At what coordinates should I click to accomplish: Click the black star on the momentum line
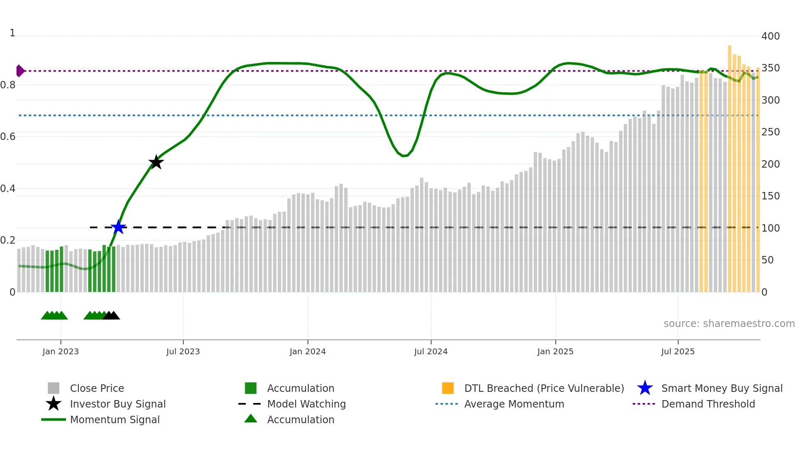click(x=156, y=162)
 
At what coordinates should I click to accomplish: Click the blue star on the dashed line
click(x=118, y=227)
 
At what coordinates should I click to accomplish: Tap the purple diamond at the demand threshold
click(x=20, y=71)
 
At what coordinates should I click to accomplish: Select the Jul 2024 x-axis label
click(x=431, y=351)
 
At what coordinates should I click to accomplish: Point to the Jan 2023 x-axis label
click(x=61, y=351)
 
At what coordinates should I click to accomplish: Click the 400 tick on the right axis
click(x=770, y=36)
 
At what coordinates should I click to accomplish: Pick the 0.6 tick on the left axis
click(x=8, y=137)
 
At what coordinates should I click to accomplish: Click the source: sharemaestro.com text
click(x=729, y=324)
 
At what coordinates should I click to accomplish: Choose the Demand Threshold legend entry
click(x=708, y=404)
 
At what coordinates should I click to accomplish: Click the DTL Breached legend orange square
click(x=448, y=388)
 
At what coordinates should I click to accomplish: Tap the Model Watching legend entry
click(x=306, y=404)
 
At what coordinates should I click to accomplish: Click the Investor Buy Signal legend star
click(x=54, y=404)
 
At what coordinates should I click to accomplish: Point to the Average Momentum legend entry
click(x=514, y=404)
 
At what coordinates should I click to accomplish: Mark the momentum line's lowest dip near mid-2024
click(x=404, y=156)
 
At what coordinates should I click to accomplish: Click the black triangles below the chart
click(x=111, y=315)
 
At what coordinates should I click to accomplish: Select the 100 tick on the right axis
click(x=770, y=228)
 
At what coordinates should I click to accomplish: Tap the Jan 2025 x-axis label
click(x=555, y=351)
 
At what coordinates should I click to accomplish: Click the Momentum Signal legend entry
click(x=115, y=419)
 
